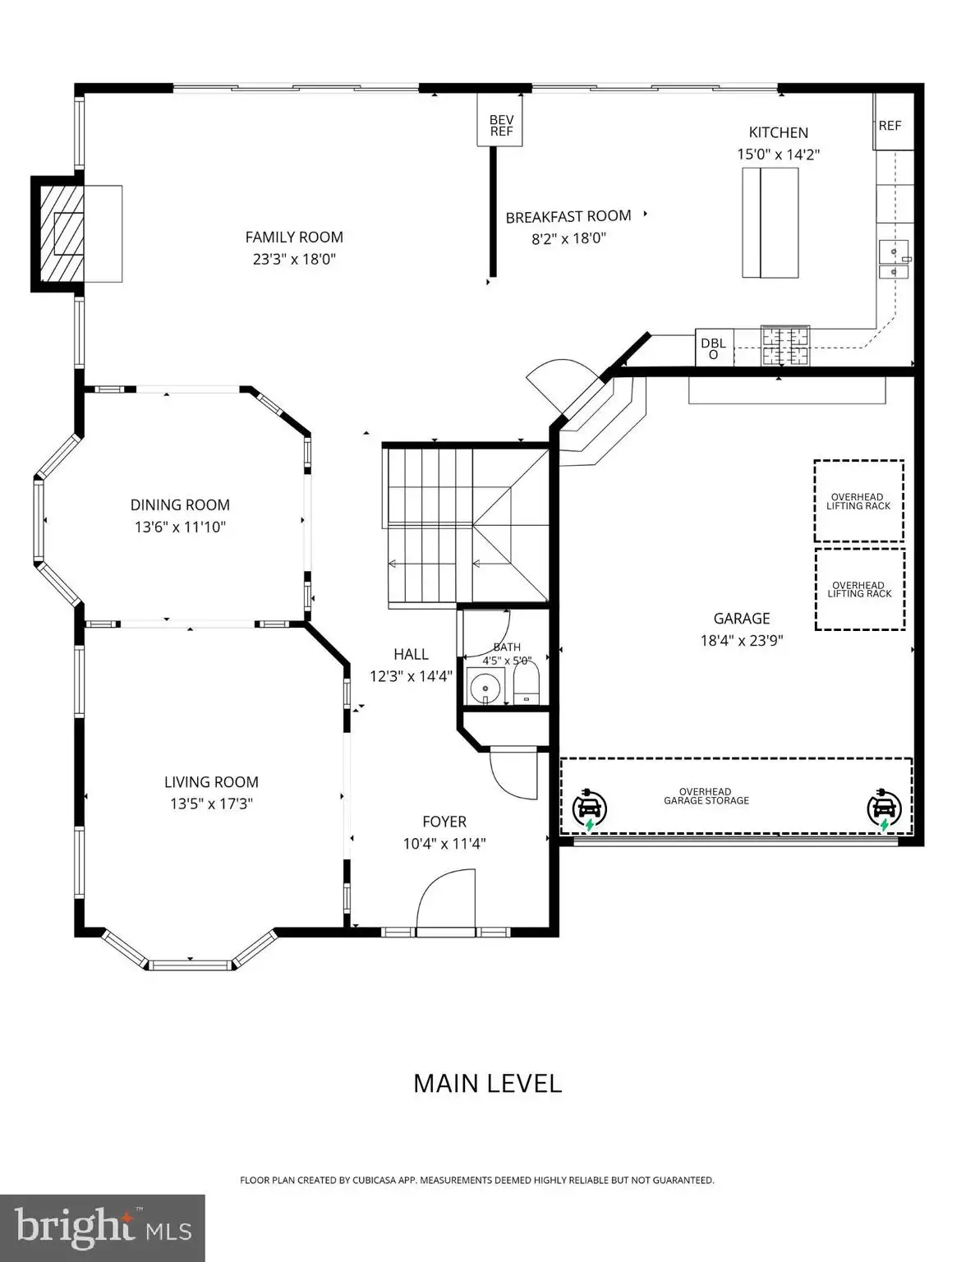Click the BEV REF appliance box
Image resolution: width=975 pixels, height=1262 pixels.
click(499, 120)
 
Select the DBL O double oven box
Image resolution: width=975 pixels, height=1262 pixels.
click(715, 348)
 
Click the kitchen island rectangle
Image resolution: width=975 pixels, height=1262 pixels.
click(770, 223)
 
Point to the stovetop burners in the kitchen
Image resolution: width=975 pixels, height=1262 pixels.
click(785, 346)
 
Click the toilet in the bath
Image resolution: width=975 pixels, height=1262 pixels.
click(527, 684)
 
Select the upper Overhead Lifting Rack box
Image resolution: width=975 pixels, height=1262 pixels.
click(858, 501)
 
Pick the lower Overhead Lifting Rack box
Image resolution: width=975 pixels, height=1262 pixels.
click(859, 589)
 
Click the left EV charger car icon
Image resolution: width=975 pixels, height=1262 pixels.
click(590, 809)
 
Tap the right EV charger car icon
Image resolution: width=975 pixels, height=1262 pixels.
click(884, 809)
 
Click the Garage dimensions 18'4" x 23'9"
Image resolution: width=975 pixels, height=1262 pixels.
click(742, 641)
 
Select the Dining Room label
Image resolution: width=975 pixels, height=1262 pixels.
click(180, 505)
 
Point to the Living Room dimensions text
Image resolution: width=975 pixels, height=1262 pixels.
click(211, 804)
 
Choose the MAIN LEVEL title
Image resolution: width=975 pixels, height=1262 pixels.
click(488, 1084)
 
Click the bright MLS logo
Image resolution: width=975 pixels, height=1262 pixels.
click(103, 1228)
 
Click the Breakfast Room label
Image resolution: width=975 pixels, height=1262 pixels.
click(568, 217)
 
